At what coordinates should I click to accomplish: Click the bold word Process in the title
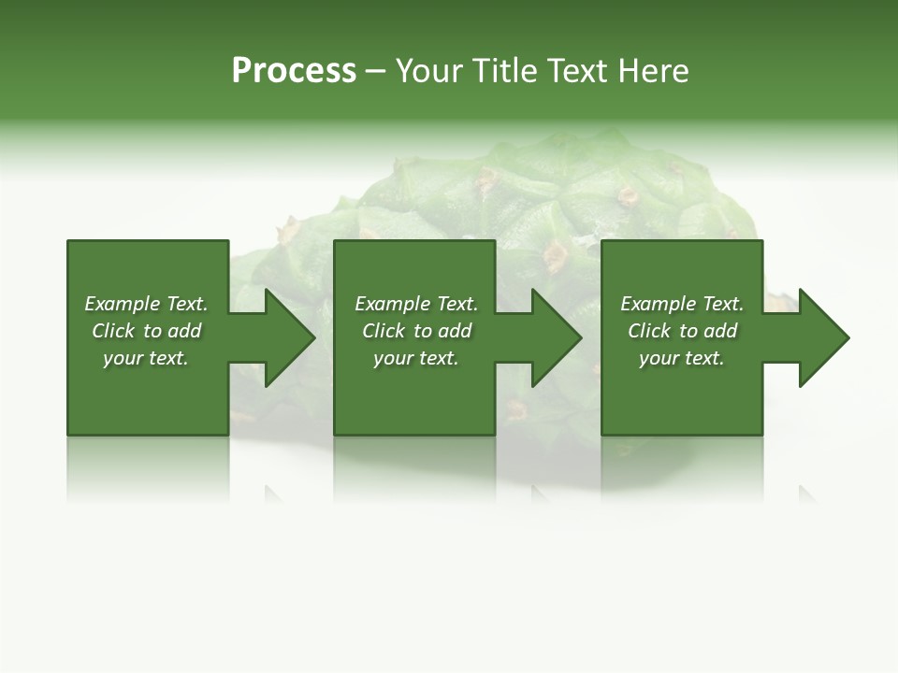pyautogui.click(x=294, y=71)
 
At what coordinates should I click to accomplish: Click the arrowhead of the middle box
pyautogui.click(x=551, y=337)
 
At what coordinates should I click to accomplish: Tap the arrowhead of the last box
pyautogui.click(x=818, y=337)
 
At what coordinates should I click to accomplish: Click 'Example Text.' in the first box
pyautogui.click(x=146, y=304)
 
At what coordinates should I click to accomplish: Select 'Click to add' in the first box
pyautogui.click(x=146, y=331)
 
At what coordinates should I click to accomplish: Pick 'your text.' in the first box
pyautogui.click(x=146, y=358)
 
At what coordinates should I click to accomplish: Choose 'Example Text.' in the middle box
pyautogui.click(x=416, y=304)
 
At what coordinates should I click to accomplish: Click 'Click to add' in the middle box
pyautogui.click(x=416, y=331)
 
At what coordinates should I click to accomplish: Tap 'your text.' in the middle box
pyautogui.click(x=416, y=358)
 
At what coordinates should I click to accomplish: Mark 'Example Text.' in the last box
pyautogui.click(x=682, y=304)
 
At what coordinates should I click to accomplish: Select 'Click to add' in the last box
pyautogui.click(x=682, y=331)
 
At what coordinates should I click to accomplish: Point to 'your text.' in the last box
pyautogui.click(x=682, y=358)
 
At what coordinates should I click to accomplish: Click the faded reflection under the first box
pyautogui.click(x=148, y=467)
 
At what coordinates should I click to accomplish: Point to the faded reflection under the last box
pyautogui.click(x=682, y=467)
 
